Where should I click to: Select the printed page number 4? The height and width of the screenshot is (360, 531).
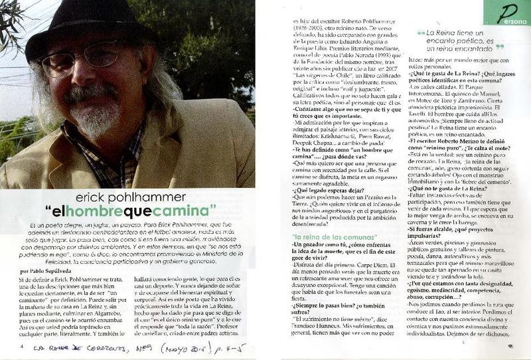21,345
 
